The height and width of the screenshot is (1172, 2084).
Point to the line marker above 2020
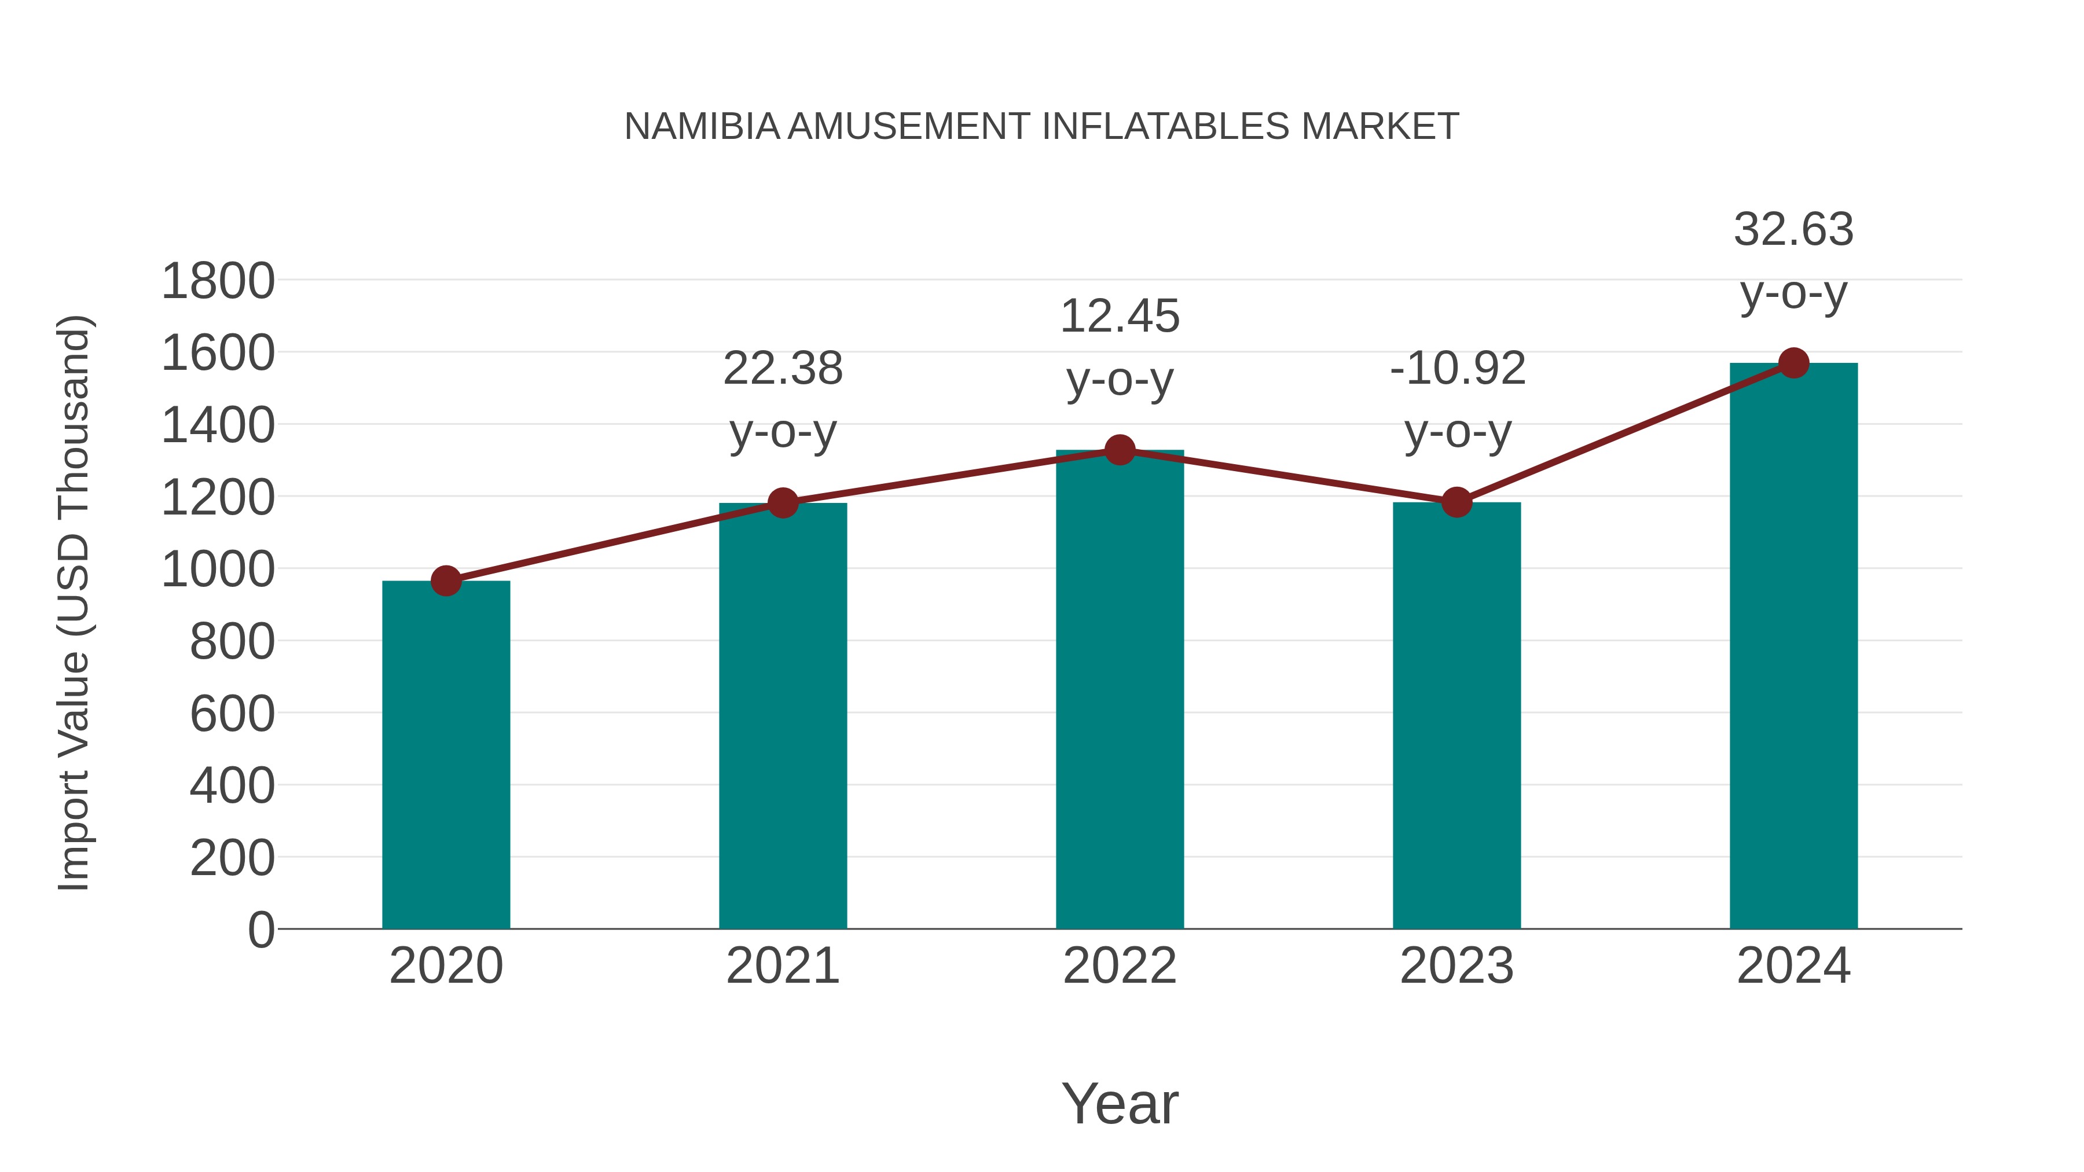coord(446,581)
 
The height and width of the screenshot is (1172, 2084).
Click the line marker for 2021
coord(782,503)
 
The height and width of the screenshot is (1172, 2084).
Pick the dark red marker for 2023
coord(1456,502)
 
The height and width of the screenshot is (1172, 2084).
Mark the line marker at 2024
coord(1793,363)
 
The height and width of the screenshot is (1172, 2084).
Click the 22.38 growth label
coord(782,369)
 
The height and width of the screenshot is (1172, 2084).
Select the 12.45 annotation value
coord(1120,316)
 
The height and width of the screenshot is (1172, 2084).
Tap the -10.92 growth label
coord(1457,369)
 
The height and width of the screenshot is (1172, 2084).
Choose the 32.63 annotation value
coord(1793,230)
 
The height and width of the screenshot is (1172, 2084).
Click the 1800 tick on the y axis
coord(218,282)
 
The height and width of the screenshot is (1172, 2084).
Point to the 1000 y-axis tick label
coord(218,570)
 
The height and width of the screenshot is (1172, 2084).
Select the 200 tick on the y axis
coord(232,858)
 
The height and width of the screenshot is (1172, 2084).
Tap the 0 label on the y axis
coord(260,930)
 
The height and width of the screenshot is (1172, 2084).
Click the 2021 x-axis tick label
coord(782,967)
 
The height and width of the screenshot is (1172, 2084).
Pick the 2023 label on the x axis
coord(1456,967)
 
